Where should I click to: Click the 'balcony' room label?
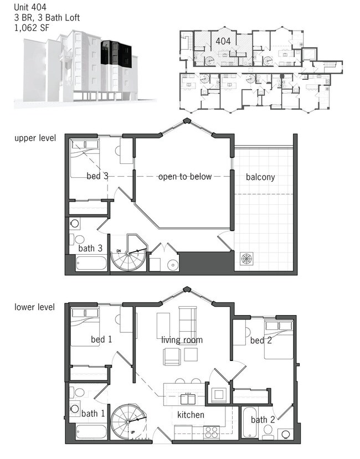[260, 177]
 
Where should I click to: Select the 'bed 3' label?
[97, 177]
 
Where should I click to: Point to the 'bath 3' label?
[90, 249]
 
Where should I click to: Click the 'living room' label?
[182, 340]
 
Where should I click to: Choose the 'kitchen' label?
[191, 415]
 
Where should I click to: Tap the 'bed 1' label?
[101, 340]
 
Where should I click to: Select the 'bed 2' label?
[261, 341]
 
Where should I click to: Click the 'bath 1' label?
[93, 414]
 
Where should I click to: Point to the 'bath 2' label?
[263, 420]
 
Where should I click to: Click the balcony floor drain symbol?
[246, 259]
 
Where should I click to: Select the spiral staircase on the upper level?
[128, 255]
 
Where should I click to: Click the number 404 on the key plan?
[223, 41]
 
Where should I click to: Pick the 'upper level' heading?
[35, 138]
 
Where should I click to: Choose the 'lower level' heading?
[34, 307]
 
